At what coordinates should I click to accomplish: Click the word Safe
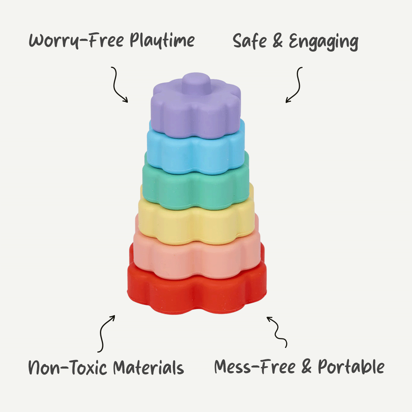pyautogui.click(x=250, y=41)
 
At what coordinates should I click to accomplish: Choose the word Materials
pyautogui.click(x=149, y=368)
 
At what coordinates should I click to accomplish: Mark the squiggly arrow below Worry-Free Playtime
pyautogui.click(x=119, y=85)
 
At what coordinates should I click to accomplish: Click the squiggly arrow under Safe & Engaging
pyautogui.click(x=295, y=85)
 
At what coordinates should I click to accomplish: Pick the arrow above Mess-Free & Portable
pyautogui.click(x=277, y=331)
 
